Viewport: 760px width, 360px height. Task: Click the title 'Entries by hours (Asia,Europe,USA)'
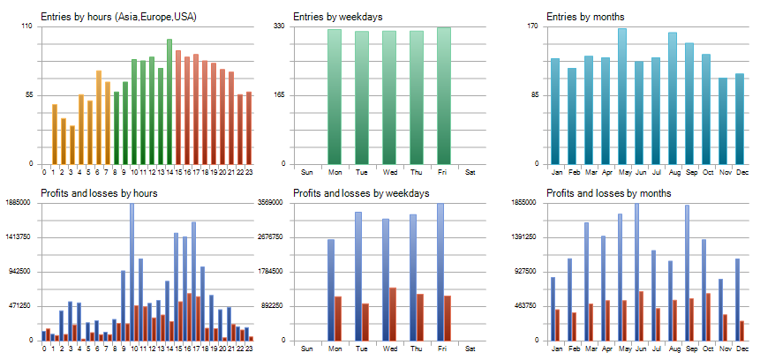tap(118, 16)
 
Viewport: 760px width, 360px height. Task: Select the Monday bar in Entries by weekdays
tap(335, 97)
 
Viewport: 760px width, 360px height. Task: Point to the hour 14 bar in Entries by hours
tap(169, 101)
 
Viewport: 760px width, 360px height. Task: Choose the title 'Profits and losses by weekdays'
tap(361, 192)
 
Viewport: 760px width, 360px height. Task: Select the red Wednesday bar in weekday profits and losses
tap(393, 314)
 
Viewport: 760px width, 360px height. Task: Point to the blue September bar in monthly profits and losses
tap(687, 273)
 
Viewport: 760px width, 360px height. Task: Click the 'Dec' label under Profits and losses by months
tap(741, 348)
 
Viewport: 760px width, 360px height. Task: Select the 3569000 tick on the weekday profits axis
tap(280, 203)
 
